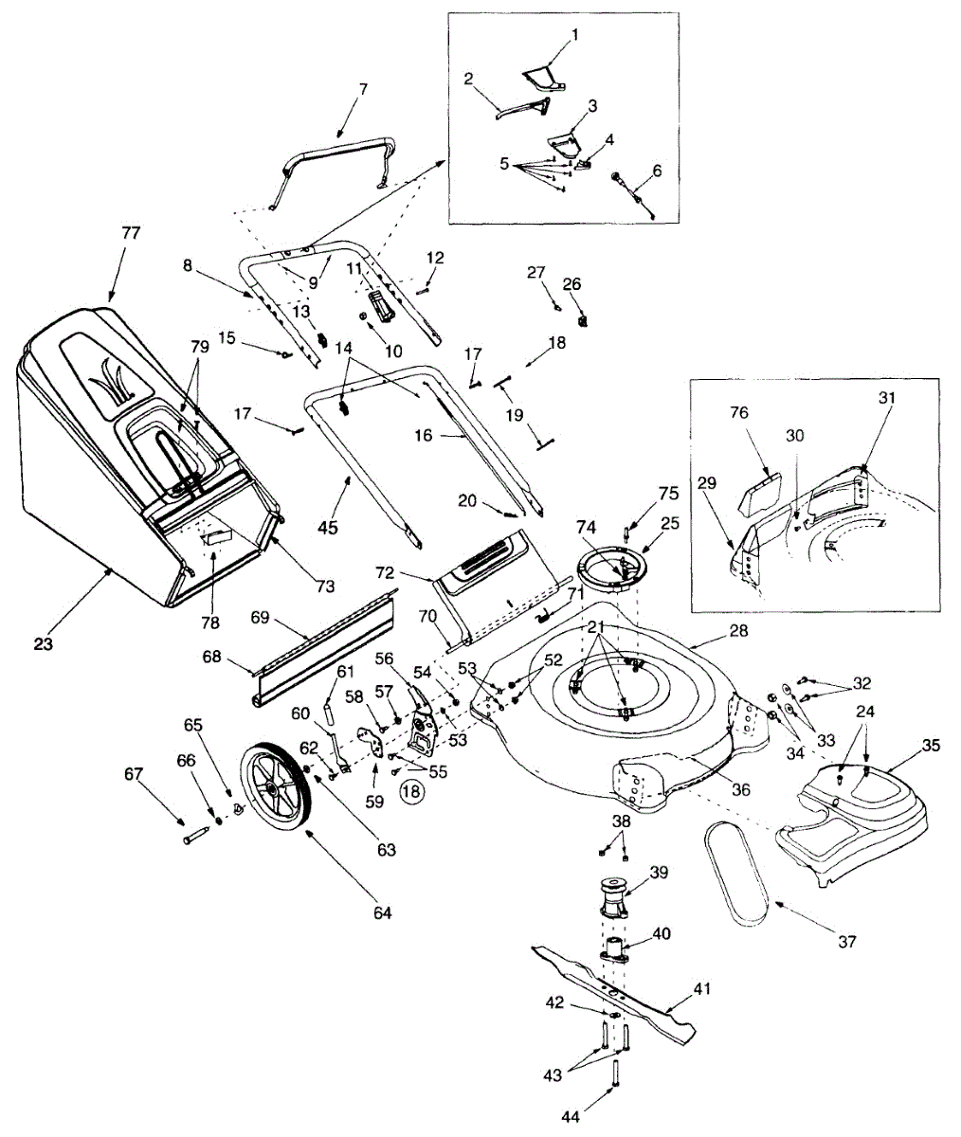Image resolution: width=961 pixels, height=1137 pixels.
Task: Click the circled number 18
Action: pyautogui.click(x=411, y=790)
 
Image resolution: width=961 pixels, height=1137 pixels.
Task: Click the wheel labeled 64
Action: pyautogui.click(x=276, y=785)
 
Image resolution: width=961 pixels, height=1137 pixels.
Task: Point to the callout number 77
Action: pyautogui.click(x=130, y=232)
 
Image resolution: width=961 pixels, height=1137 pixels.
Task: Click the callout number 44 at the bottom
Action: pyautogui.click(x=570, y=1117)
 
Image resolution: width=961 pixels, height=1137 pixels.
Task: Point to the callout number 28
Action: pyautogui.click(x=738, y=630)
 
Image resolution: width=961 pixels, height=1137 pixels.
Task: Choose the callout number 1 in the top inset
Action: pyautogui.click(x=574, y=35)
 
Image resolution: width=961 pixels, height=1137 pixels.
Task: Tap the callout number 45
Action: pyautogui.click(x=332, y=528)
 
